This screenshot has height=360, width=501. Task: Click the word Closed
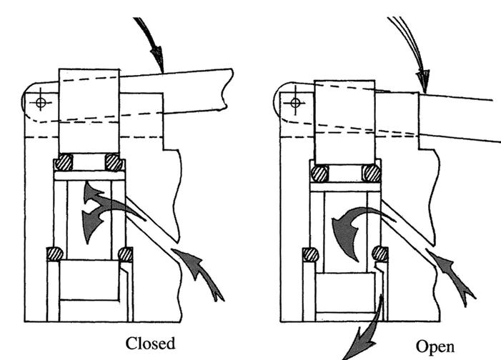pos(149,343)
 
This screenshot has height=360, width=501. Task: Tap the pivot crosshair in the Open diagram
pos(293,102)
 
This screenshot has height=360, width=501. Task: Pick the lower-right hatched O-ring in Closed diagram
pos(126,254)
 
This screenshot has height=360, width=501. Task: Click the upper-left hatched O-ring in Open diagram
pos(319,173)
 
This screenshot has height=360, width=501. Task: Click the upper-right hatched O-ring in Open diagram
pos(370,173)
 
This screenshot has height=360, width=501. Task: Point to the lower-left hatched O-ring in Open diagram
pos(310,254)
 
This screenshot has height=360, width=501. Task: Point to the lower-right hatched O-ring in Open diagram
pos(380,254)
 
